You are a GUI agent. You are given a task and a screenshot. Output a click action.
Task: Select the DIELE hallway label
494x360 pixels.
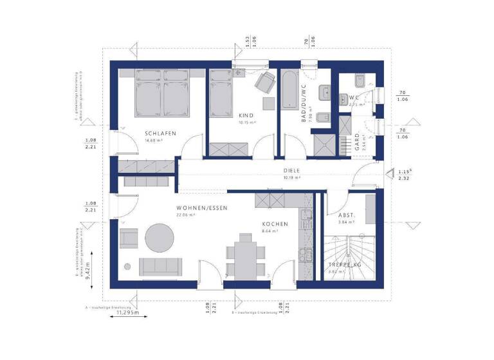(x=291, y=171)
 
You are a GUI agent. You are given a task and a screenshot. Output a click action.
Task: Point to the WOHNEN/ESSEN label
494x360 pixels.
(x=202, y=208)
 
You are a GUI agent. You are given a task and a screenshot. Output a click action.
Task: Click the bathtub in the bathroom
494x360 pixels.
(x=288, y=92)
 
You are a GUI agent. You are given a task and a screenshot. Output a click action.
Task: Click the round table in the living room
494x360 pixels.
(x=159, y=237)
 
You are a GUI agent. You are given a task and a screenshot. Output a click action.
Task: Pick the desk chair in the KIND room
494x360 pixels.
(x=264, y=82)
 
